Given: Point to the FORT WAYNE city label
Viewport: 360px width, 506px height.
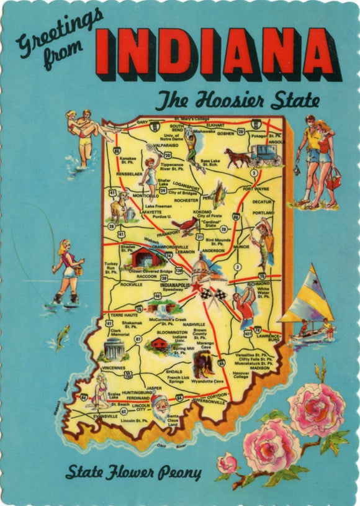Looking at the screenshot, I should pyautogui.click(x=256, y=188).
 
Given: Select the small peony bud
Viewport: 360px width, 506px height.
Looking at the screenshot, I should pyautogui.click(x=228, y=462).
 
